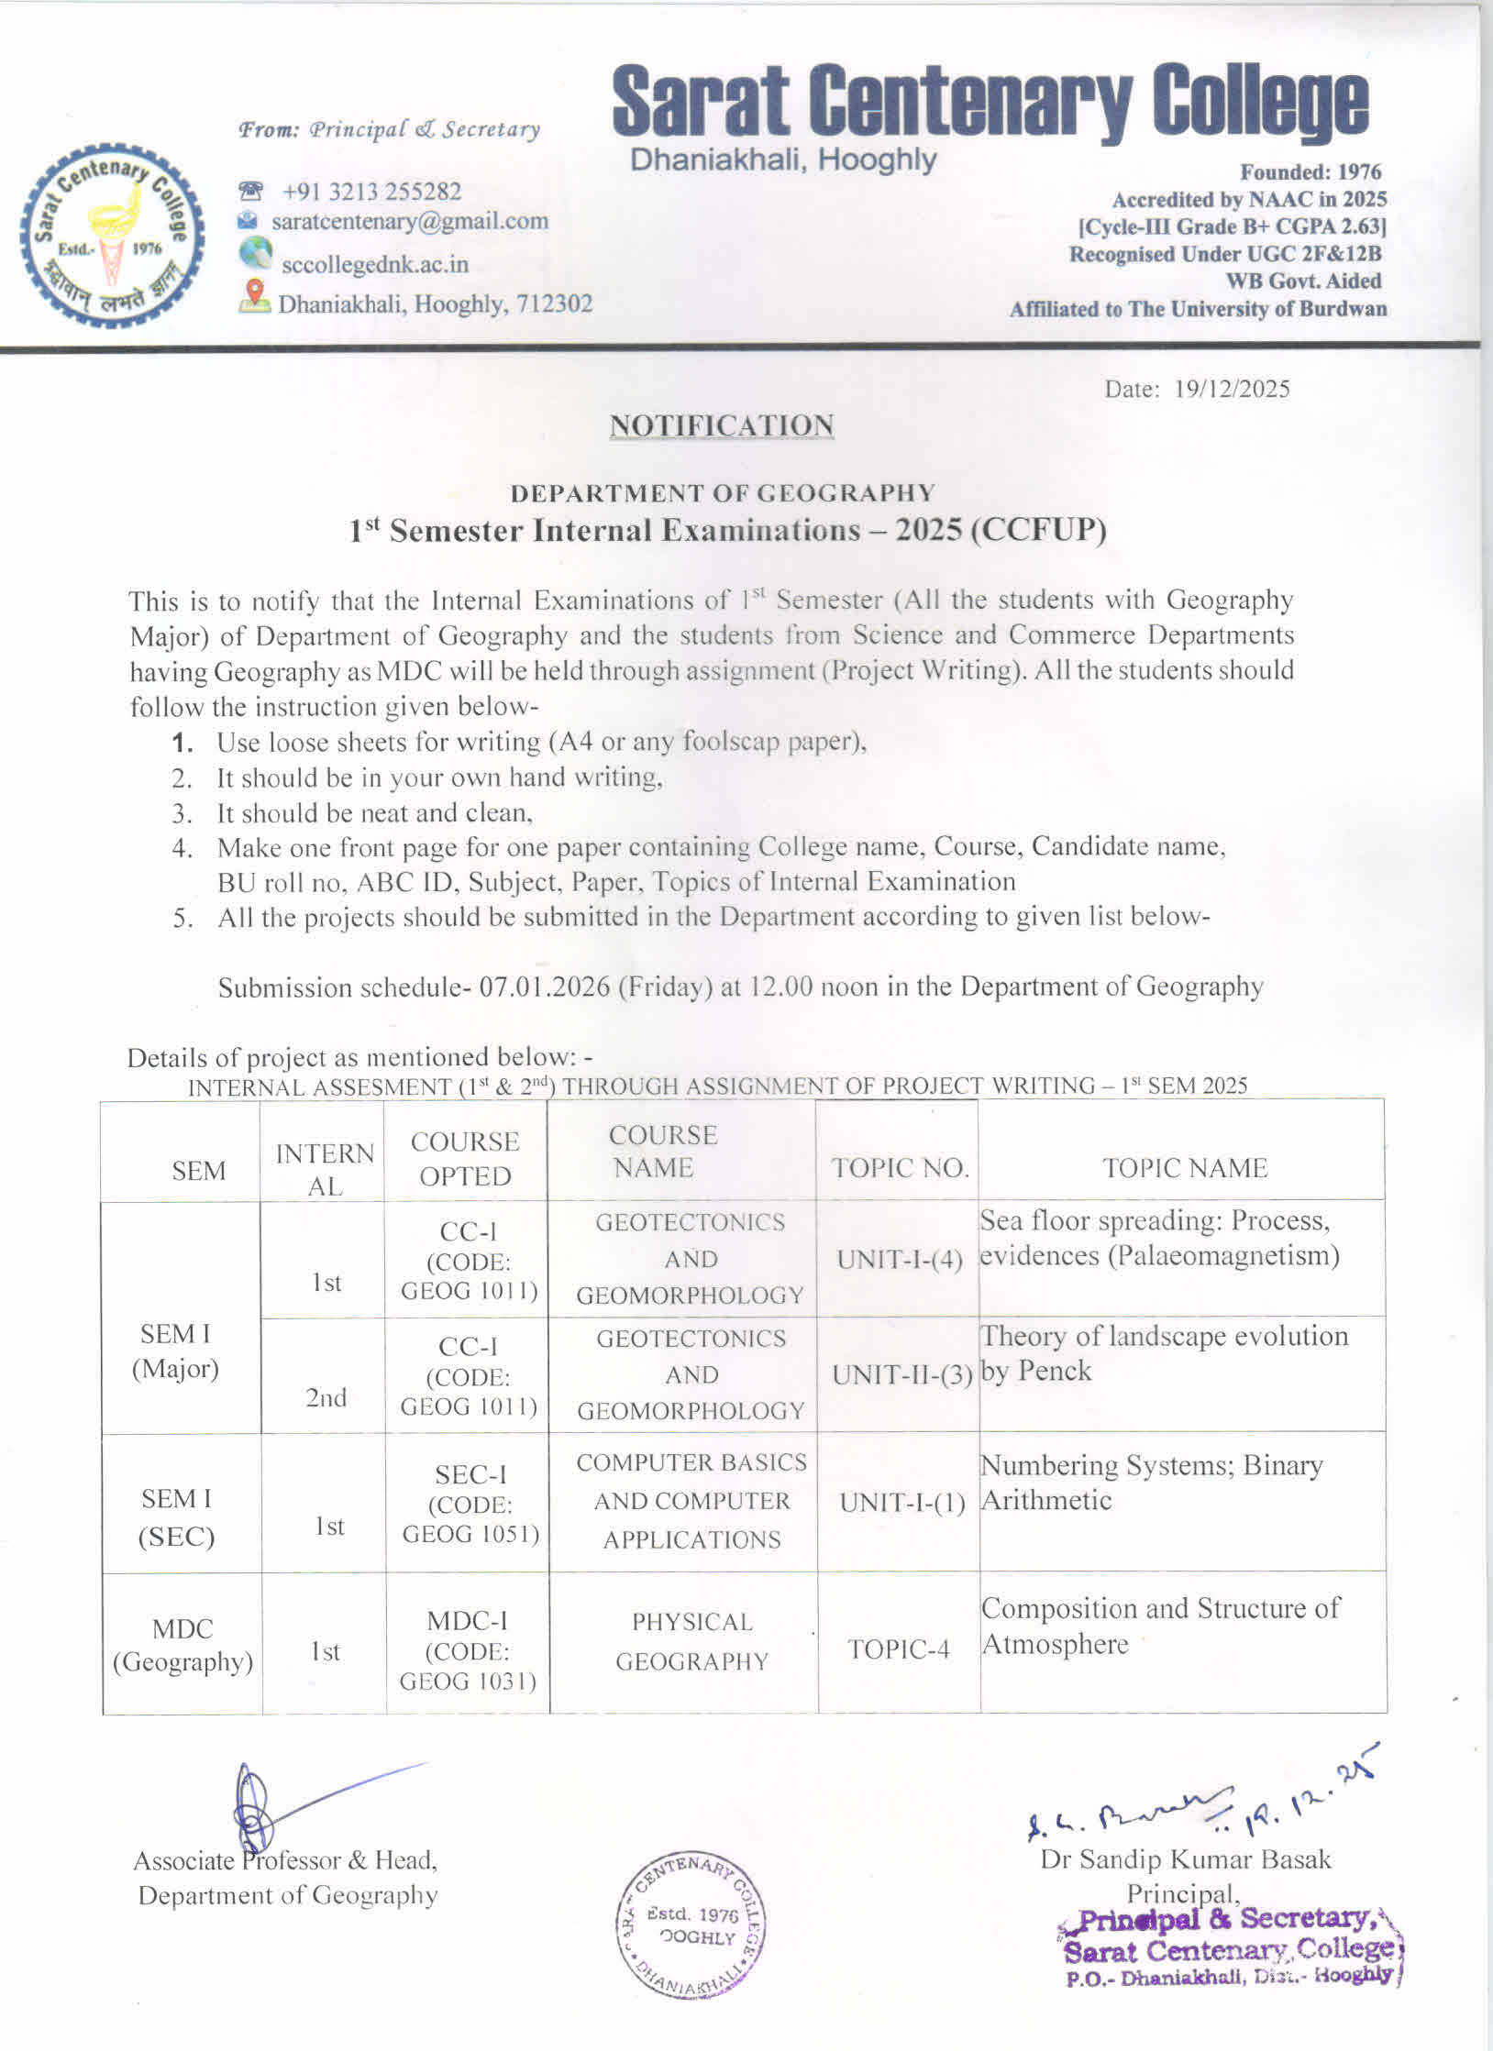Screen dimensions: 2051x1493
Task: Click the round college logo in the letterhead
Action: click(x=111, y=235)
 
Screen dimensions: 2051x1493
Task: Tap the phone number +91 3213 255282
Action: click(x=371, y=192)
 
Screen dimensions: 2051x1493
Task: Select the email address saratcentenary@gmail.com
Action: click(x=409, y=221)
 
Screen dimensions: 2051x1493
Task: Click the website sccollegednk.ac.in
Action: click(x=374, y=264)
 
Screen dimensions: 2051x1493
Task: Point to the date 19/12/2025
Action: click(x=1232, y=389)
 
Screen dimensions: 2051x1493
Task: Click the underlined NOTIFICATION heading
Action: click(x=722, y=425)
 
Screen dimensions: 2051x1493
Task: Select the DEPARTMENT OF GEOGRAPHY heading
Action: click(x=723, y=493)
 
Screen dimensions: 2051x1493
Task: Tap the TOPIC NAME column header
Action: click(x=1184, y=1167)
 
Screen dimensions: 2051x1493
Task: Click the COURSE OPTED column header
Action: click(x=465, y=1159)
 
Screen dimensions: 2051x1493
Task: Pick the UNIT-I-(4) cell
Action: click(x=899, y=1260)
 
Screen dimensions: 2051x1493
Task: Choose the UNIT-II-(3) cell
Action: click(x=901, y=1375)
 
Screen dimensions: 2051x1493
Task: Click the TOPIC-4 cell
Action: click(x=898, y=1649)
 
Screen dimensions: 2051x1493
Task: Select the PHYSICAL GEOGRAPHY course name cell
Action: click(x=691, y=1641)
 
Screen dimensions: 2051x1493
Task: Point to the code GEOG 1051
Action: click(x=470, y=1534)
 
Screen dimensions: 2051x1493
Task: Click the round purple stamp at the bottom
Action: click(x=689, y=1926)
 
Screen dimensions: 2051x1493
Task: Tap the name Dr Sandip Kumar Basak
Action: click(x=1185, y=1859)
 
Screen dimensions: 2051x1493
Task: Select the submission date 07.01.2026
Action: click(x=544, y=987)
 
